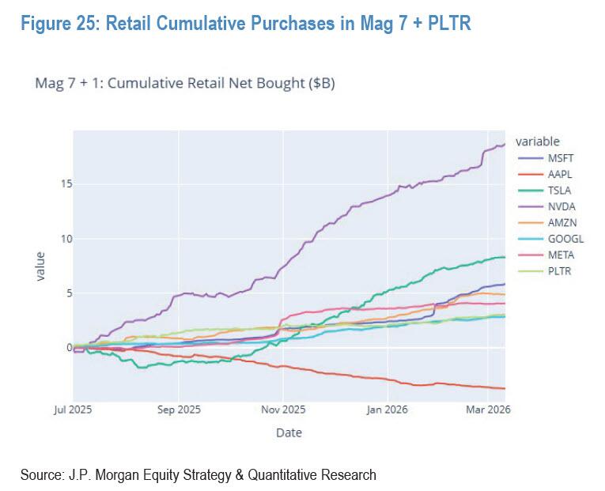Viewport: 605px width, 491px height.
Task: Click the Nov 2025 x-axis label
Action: coord(283,410)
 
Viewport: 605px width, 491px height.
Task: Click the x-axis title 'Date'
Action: coord(289,432)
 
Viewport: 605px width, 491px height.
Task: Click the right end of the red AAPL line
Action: coord(504,388)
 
